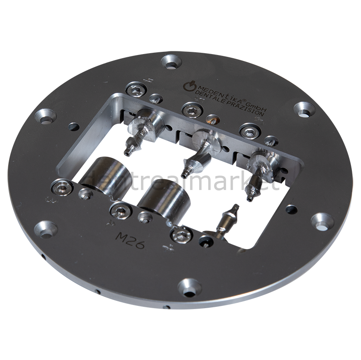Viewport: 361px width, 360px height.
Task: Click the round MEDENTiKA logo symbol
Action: tap(188, 85)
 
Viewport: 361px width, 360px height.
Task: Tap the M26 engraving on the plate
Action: tap(130, 240)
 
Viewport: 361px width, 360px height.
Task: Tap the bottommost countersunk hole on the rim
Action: tap(188, 286)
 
